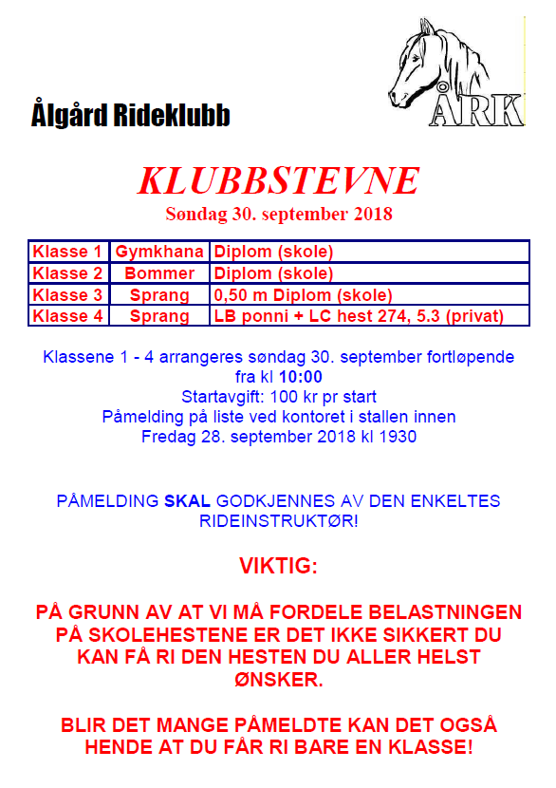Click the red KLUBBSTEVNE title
point(278,180)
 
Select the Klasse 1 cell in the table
point(68,253)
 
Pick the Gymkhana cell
point(159,253)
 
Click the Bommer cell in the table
point(159,273)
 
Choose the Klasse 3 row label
point(68,295)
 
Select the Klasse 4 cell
point(68,316)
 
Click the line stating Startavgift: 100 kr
point(278,397)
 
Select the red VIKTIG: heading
point(278,567)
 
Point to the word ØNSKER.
point(278,680)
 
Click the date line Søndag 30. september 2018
point(278,214)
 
